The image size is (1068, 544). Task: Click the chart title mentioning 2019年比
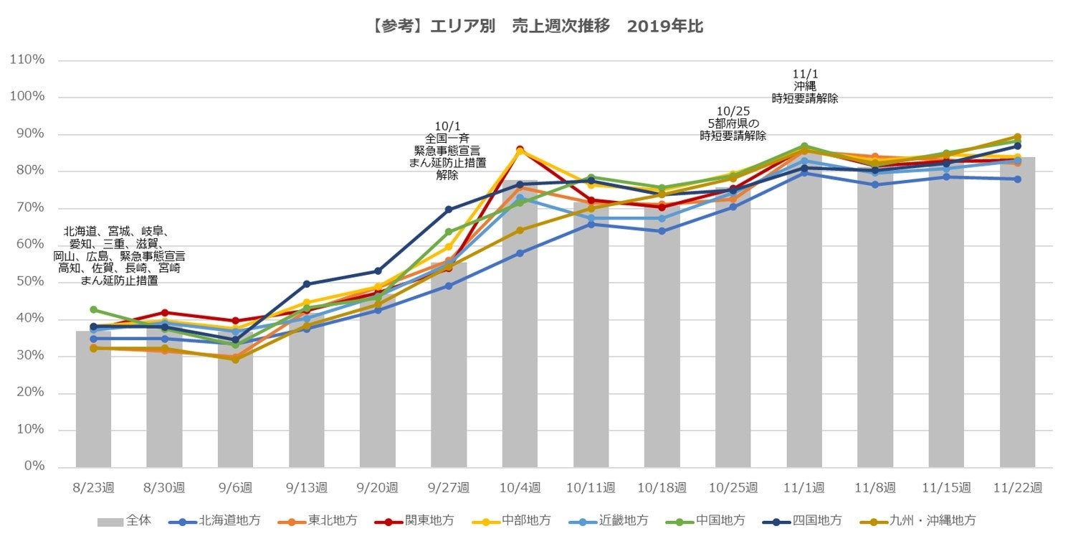(533, 27)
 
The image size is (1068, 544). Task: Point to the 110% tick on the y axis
(27, 60)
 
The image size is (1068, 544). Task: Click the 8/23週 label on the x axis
(93, 487)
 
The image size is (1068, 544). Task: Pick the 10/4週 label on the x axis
(520, 487)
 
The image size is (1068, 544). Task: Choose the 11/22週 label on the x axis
(1017, 487)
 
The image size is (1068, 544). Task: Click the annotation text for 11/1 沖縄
(804, 86)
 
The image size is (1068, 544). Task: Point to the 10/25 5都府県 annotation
(733, 123)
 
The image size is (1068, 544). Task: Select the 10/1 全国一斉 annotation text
(447, 150)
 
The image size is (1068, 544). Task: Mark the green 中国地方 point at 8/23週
(93, 309)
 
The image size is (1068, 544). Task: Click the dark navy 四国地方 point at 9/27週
(449, 210)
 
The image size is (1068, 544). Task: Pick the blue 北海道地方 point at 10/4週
(520, 253)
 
